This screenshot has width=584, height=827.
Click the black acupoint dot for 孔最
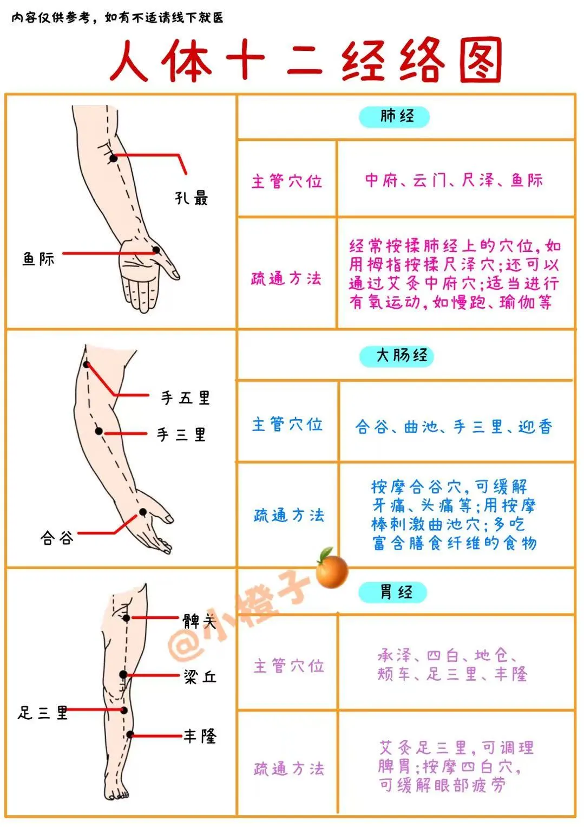pos(113,158)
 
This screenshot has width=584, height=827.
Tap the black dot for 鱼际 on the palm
pos(155,250)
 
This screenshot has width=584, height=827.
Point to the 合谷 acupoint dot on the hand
pos(143,512)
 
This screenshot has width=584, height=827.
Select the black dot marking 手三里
pos(99,431)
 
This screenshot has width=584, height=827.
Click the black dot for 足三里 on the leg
pos(124,710)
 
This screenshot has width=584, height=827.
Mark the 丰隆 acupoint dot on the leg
pos(130,734)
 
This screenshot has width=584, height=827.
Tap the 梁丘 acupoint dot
pos(123,674)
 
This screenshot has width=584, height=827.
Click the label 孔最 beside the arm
pos(191,198)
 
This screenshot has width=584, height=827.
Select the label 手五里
pos(185,398)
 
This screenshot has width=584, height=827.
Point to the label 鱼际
pos(38,259)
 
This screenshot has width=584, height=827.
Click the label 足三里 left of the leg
pos(43,713)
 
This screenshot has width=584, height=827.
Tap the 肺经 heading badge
pos(395,116)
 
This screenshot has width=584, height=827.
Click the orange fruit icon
pos(331,571)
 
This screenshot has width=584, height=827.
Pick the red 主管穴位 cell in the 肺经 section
pos(286,181)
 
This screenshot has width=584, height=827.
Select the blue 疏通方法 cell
pos(288,515)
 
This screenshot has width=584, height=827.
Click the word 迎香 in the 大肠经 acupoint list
pos(535,427)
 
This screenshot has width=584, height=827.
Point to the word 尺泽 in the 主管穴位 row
pos(478,180)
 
